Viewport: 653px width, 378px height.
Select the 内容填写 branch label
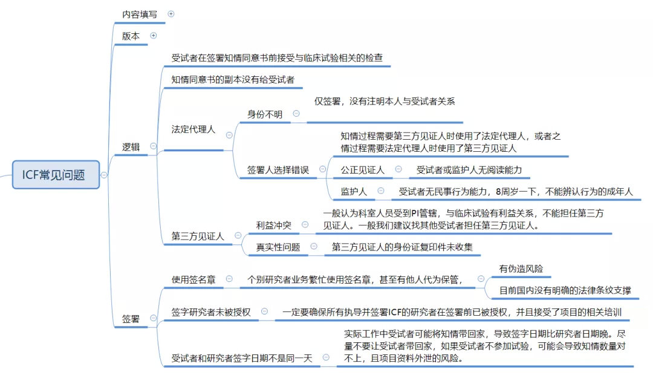(140, 14)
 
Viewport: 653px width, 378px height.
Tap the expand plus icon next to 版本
(153, 36)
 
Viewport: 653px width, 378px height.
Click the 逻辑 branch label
(131, 146)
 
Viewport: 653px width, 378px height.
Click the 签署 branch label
(131, 318)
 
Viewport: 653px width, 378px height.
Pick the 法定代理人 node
(193, 129)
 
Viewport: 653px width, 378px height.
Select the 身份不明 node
(264, 113)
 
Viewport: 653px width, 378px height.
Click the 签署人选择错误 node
(278, 170)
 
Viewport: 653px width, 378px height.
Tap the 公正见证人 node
(362, 170)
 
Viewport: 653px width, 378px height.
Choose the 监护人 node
(354, 191)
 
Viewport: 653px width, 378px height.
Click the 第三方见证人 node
(198, 236)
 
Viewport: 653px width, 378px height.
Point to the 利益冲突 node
(273, 225)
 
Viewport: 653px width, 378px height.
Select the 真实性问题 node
(278, 247)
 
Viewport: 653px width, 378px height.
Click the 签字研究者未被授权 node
(210, 312)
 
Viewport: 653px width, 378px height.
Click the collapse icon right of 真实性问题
(313, 246)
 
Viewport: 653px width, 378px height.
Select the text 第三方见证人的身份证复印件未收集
(402, 247)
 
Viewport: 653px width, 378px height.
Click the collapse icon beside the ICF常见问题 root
(104, 175)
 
